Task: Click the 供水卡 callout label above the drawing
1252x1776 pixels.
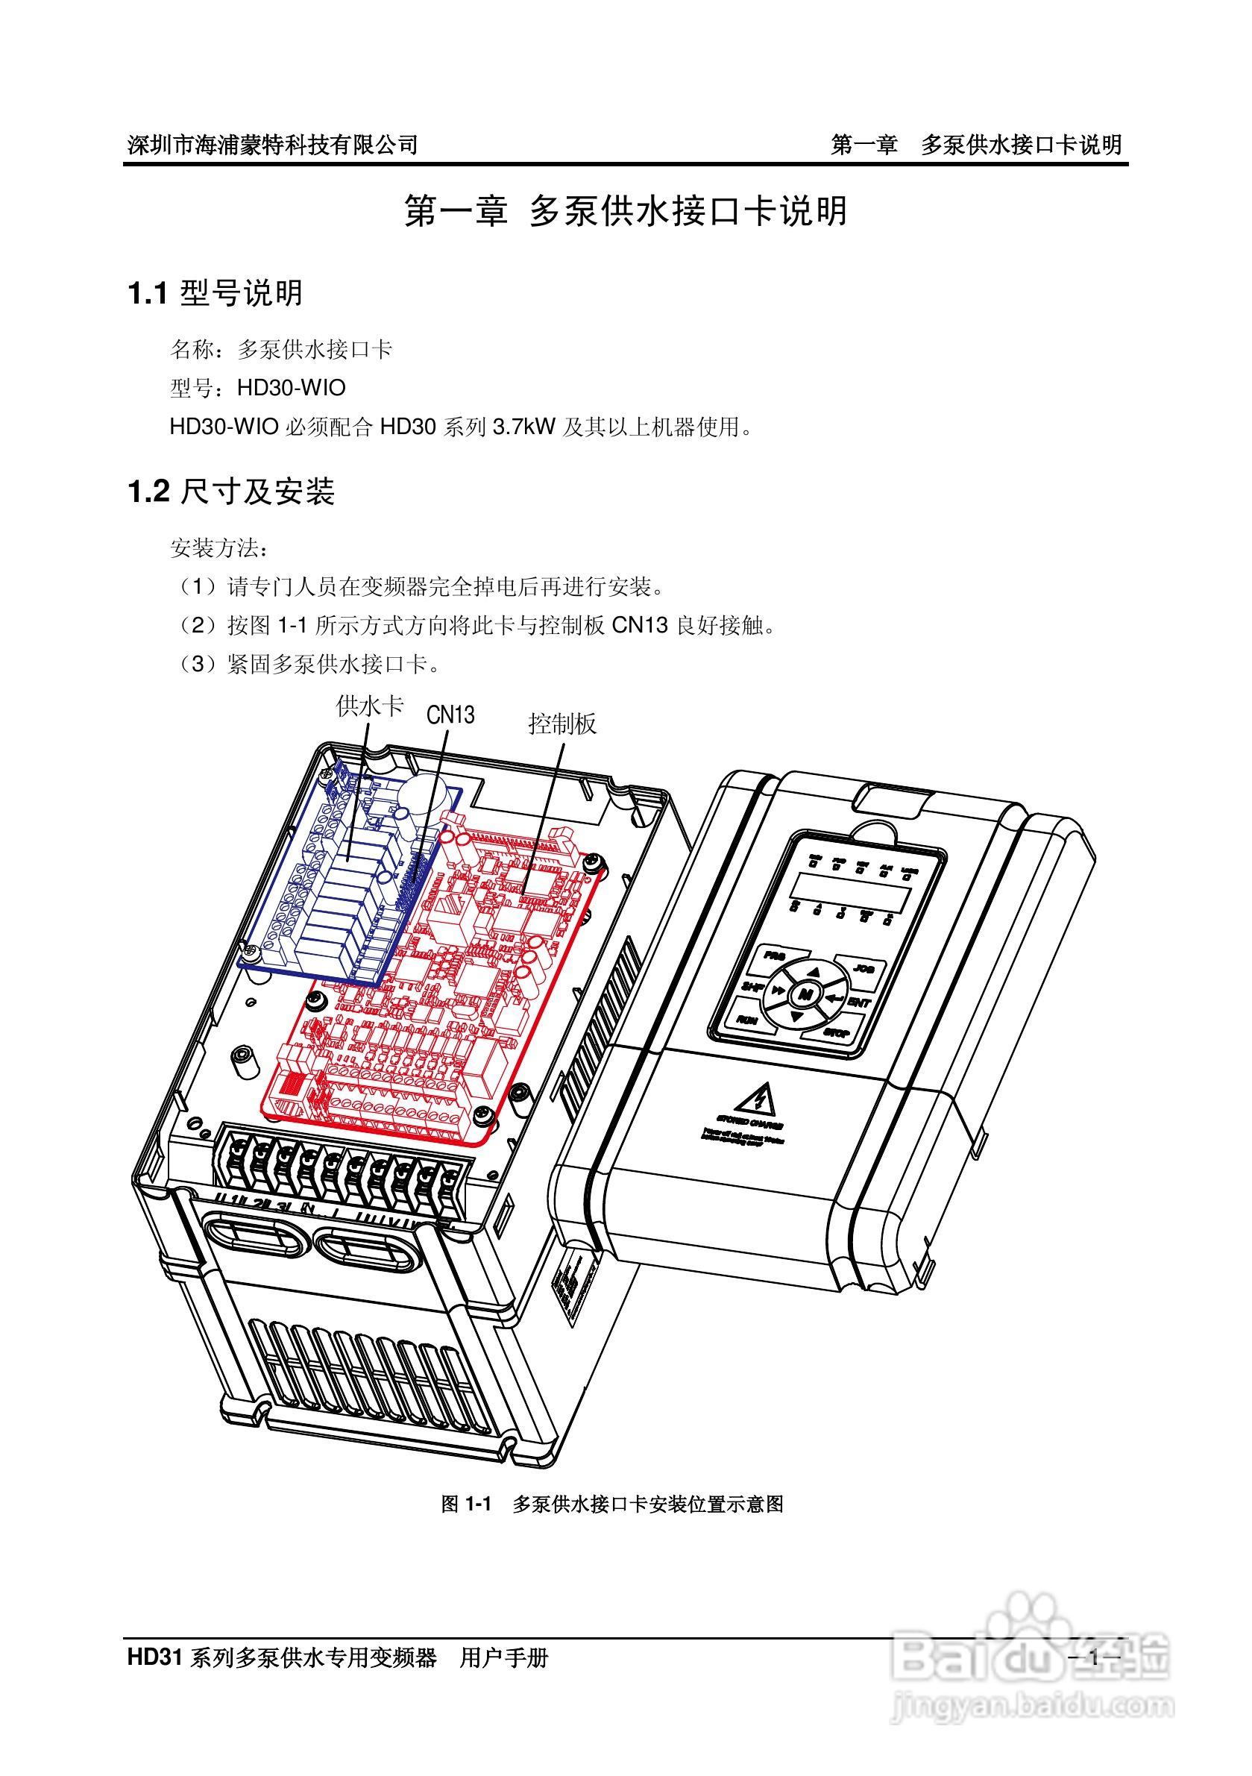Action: tap(370, 706)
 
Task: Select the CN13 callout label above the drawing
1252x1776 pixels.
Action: tap(450, 714)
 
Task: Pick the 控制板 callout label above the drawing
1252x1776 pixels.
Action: tap(562, 724)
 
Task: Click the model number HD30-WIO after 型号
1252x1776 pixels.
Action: tap(291, 388)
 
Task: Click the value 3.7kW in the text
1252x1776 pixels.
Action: tap(523, 426)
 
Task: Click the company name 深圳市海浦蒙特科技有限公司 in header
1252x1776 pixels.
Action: tap(272, 145)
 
